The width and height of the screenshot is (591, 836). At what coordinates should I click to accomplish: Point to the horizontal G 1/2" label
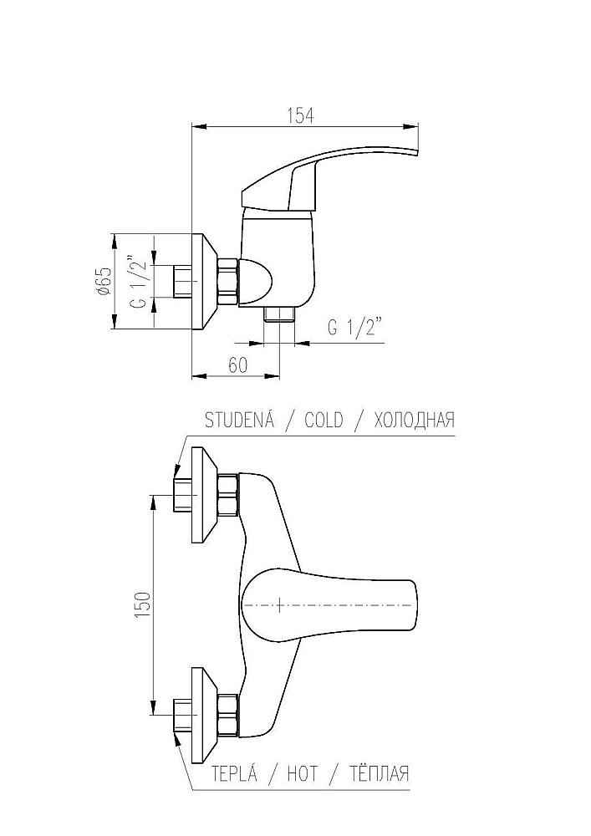[x=355, y=328]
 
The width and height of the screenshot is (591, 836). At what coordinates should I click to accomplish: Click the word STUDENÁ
[x=241, y=420]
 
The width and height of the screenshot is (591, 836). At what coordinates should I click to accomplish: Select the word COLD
[x=323, y=420]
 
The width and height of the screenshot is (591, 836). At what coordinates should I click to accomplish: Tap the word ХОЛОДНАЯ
[x=414, y=420]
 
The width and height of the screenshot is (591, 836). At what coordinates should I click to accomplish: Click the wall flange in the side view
[x=204, y=283]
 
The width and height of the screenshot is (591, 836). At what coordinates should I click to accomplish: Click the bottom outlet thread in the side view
[x=280, y=313]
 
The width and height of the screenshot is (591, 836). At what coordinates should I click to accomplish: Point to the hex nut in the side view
[x=228, y=283]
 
